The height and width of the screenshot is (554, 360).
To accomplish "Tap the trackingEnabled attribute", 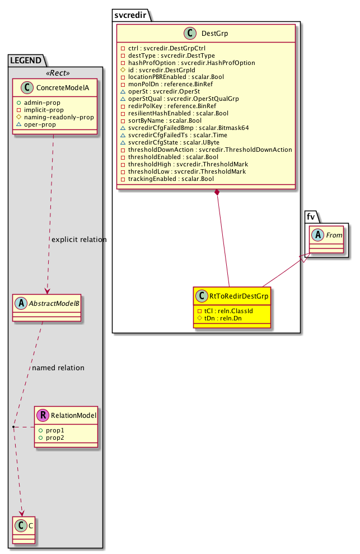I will [x=171, y=179].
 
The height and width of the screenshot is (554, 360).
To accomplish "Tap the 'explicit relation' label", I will [x=79, y=240].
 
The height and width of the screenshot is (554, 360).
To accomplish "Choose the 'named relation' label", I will [x=58, y=368].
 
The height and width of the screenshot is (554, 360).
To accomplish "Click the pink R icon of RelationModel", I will [x=44, y=415].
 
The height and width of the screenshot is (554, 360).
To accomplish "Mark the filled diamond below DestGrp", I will [x=217, y=193].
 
